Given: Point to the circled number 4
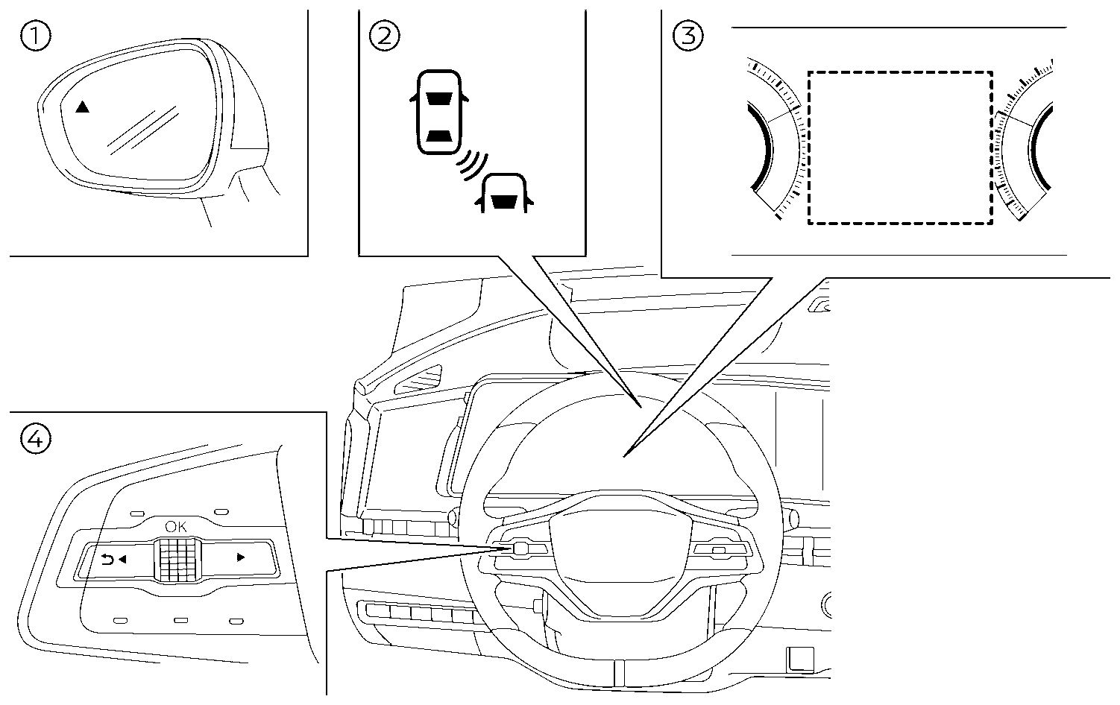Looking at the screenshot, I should coord(36,439).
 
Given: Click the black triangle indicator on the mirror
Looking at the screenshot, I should coord(82,107).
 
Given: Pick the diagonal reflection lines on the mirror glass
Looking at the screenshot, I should coord(143,130).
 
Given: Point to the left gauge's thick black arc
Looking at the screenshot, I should coord(761,147).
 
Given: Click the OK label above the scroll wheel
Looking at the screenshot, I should coord(177,527).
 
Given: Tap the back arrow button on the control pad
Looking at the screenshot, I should coord(113,558).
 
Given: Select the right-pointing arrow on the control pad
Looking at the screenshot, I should coord(240,557).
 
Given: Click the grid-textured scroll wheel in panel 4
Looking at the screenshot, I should coord(177,560).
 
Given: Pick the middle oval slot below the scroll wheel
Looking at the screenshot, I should coord(180,620).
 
